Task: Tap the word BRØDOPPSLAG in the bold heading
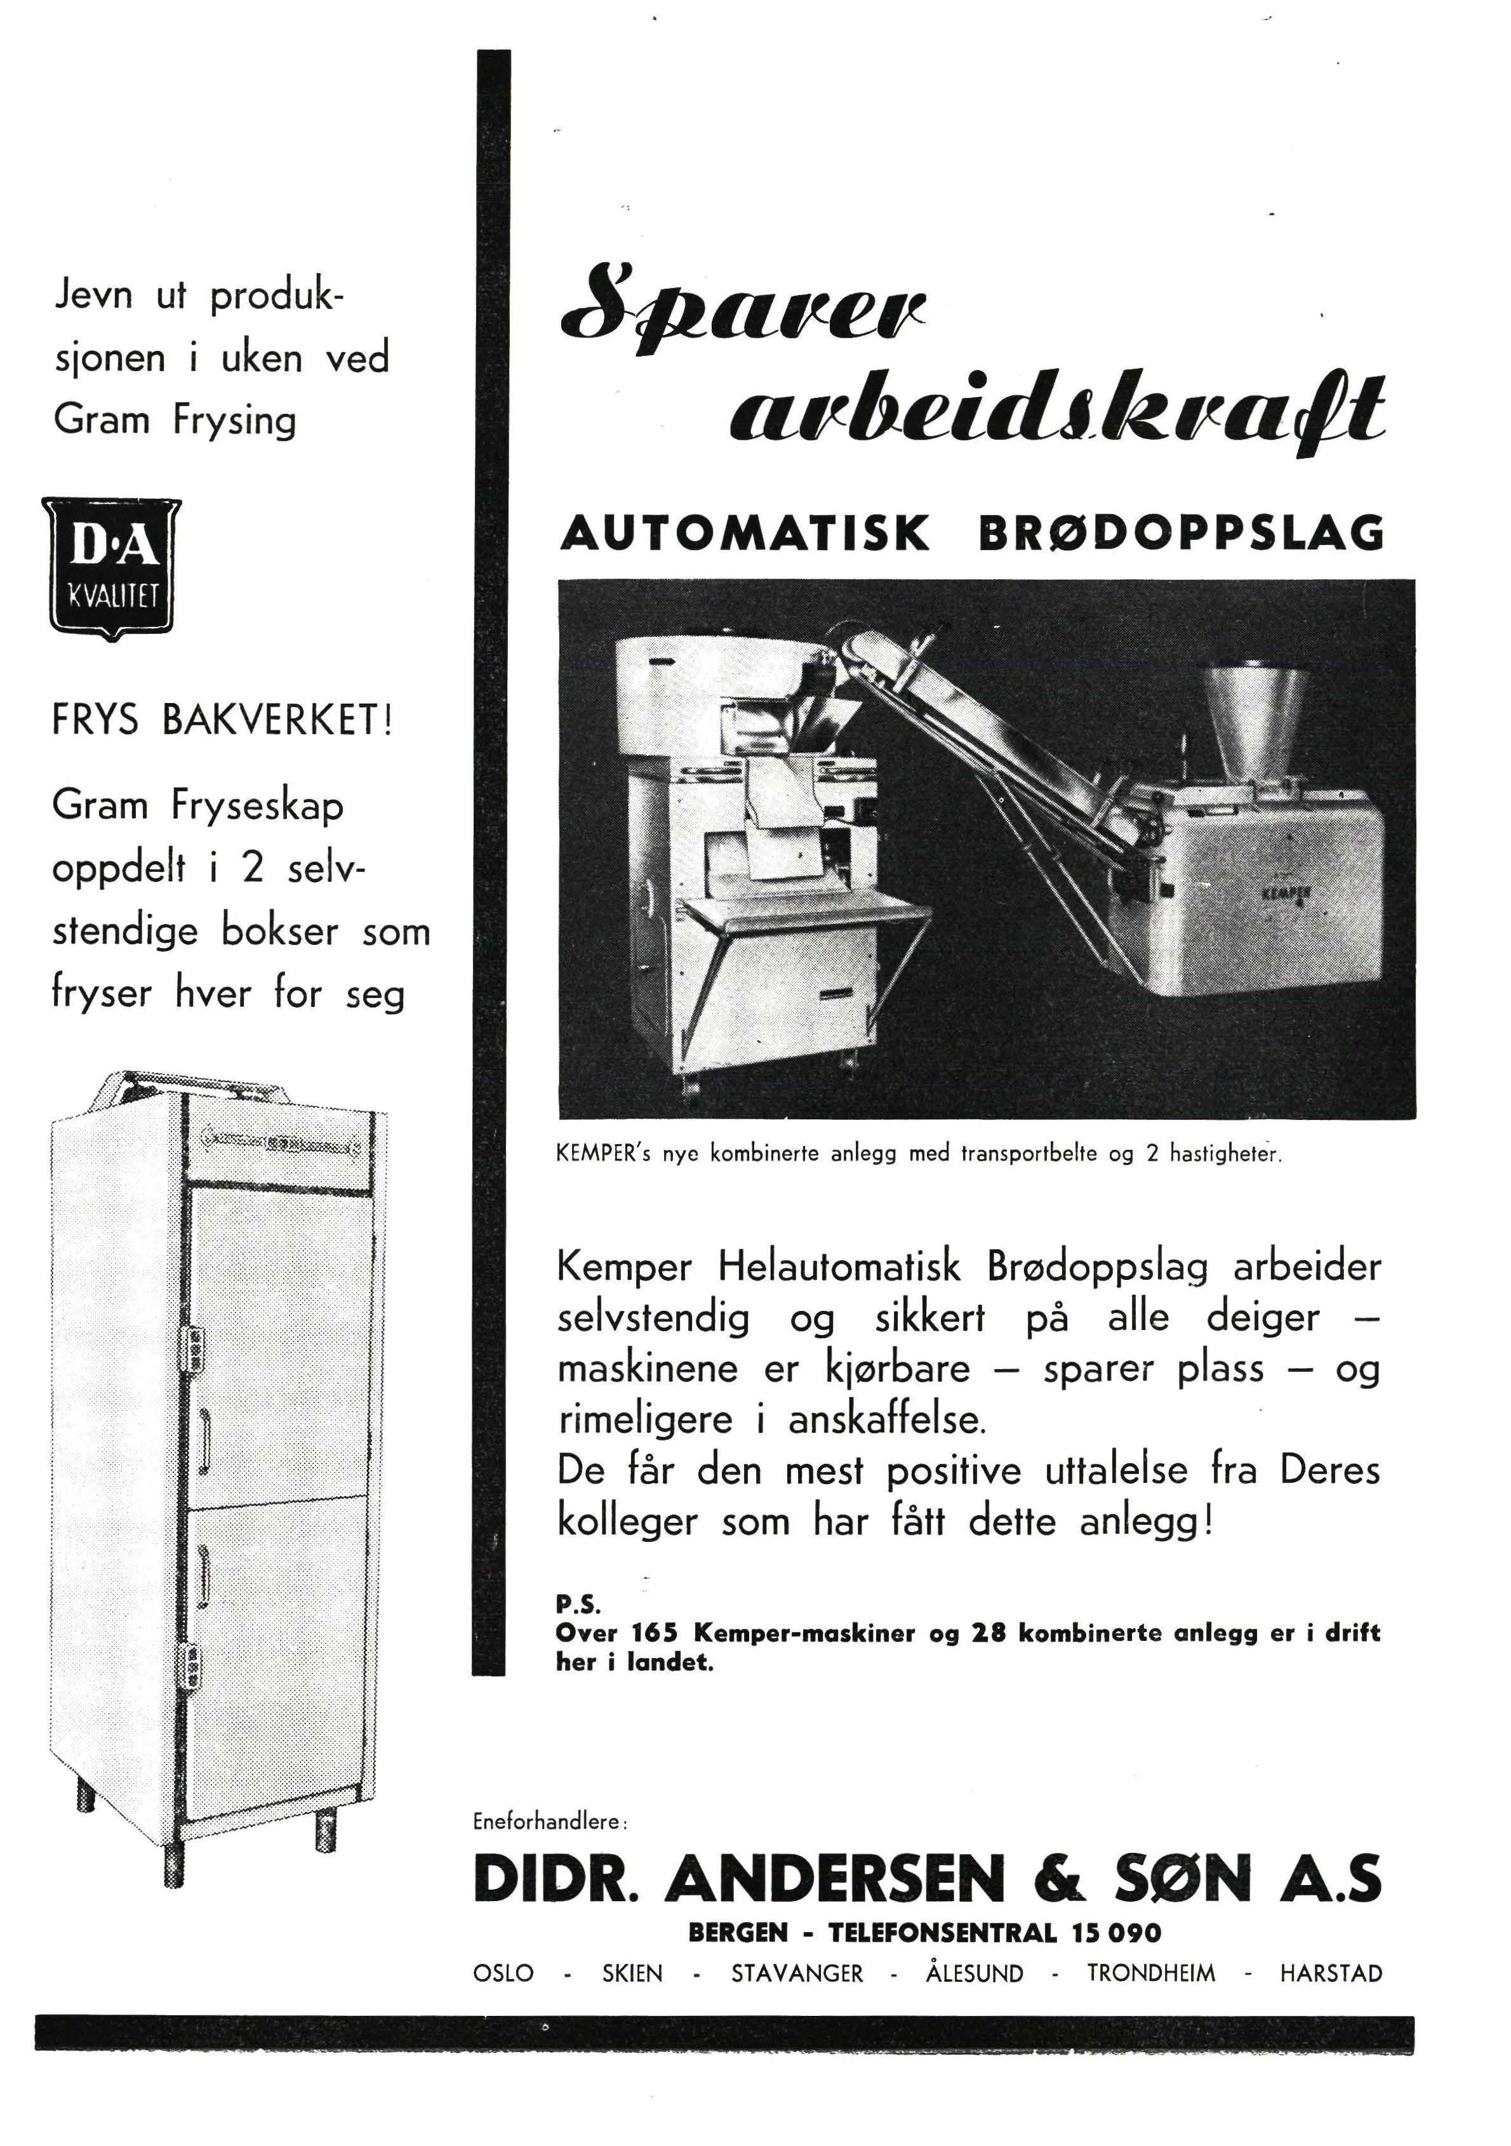tap(1180, 534)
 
